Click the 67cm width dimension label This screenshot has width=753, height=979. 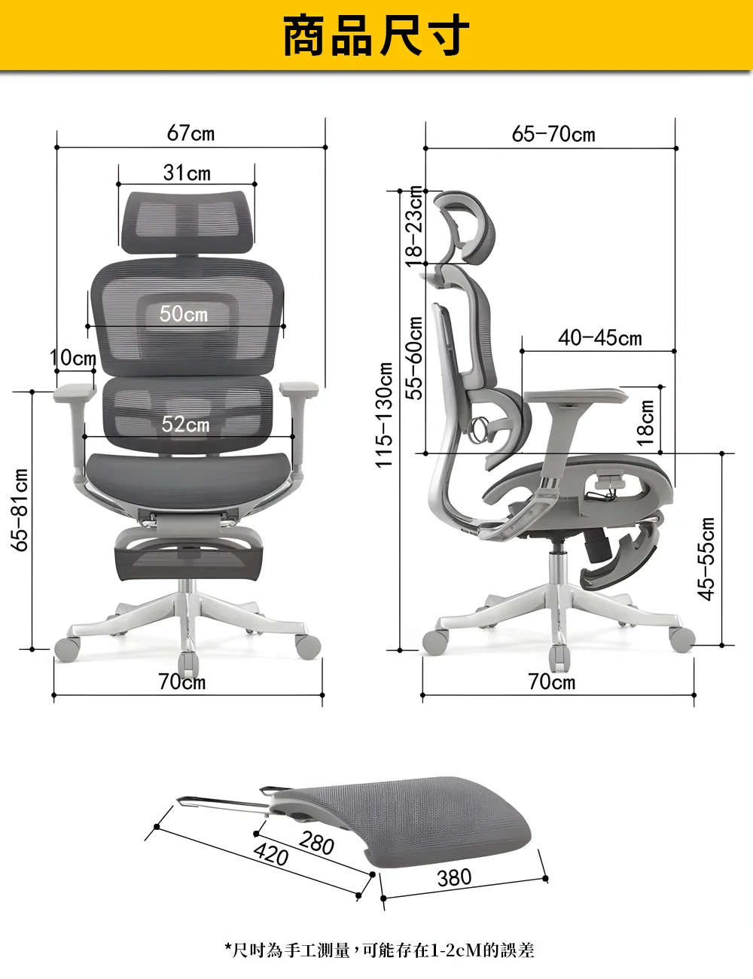coord(191,133)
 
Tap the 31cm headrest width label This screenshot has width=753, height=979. coord(187,172)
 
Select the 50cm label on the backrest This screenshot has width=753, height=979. coord(184,313)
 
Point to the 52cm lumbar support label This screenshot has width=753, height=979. coord(185,424)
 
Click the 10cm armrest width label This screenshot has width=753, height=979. coord(73,358)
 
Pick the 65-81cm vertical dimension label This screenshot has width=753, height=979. coord(20,510)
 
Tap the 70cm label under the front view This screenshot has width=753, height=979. coord(182,682)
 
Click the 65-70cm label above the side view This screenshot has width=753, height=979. coord(553,134)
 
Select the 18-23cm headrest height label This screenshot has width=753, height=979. coord(414,227)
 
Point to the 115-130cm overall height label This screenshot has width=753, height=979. coord(384,415)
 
